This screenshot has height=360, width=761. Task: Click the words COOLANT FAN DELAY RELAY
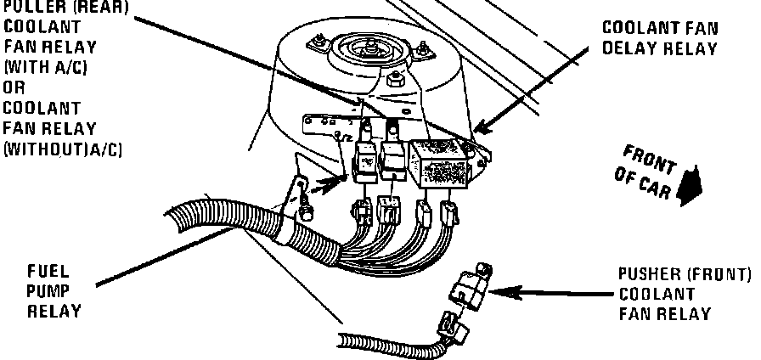click(659, 37)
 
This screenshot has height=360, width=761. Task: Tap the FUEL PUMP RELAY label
click(54, 291)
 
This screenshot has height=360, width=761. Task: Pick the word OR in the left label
click(14, 88)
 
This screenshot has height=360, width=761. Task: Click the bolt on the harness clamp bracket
click(303, 201)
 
